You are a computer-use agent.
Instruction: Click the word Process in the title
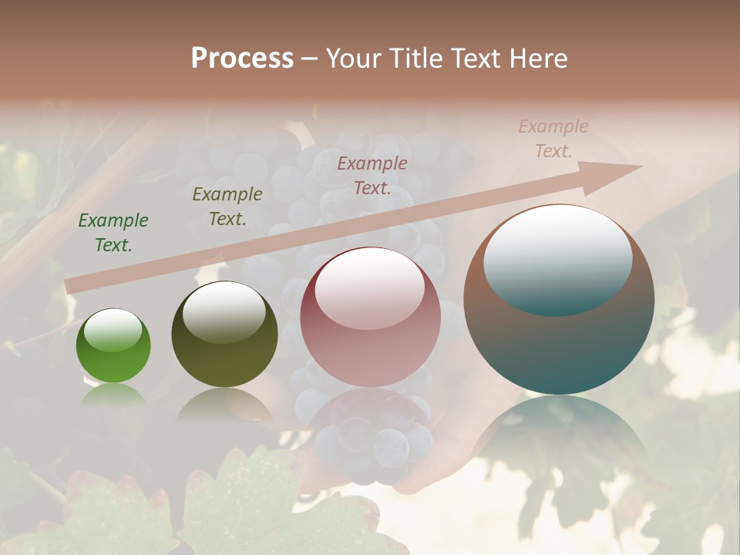pos(242,59)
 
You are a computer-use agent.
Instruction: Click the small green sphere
pos(113,346)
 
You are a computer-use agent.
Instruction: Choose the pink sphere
pos(371,316)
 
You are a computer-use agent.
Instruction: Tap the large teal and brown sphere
pos(559,300)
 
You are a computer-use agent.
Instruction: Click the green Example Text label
pos(113,233)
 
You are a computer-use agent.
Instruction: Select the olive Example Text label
pos(227,207)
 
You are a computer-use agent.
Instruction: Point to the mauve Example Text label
pos(372,175)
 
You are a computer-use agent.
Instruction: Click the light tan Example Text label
pos(553,139)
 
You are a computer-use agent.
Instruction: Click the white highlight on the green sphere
pos(113,331)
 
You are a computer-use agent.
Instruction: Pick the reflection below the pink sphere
pos(371,432)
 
